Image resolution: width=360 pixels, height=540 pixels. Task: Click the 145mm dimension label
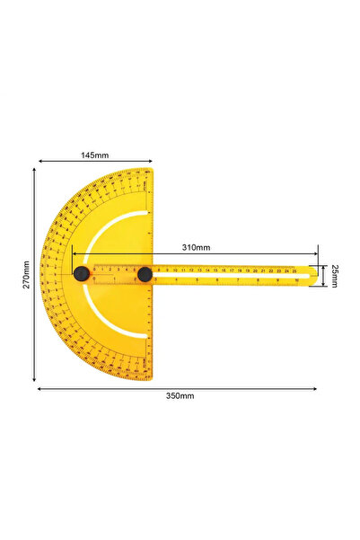[x=94, y=155]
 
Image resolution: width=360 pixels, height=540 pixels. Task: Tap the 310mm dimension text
[x=196, y=246]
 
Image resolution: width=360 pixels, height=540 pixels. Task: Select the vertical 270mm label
[x=27, y=275]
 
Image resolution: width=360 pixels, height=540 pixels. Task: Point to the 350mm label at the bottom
[x=180, y=395]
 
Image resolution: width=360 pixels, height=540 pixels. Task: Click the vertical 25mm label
[x=334, y=275]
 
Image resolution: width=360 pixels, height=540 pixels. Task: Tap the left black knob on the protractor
[x=81, y=274]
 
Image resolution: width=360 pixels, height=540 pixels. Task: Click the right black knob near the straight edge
[x=145, y=274]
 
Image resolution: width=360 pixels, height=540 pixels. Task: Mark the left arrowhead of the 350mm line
[x=38, y=388]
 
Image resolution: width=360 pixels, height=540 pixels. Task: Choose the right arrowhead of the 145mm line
[x=151, y=163]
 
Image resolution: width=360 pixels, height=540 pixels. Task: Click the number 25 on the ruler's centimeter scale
[x=293, y=270]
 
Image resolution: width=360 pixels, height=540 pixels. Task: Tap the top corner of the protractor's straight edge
[x=152, y=169]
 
